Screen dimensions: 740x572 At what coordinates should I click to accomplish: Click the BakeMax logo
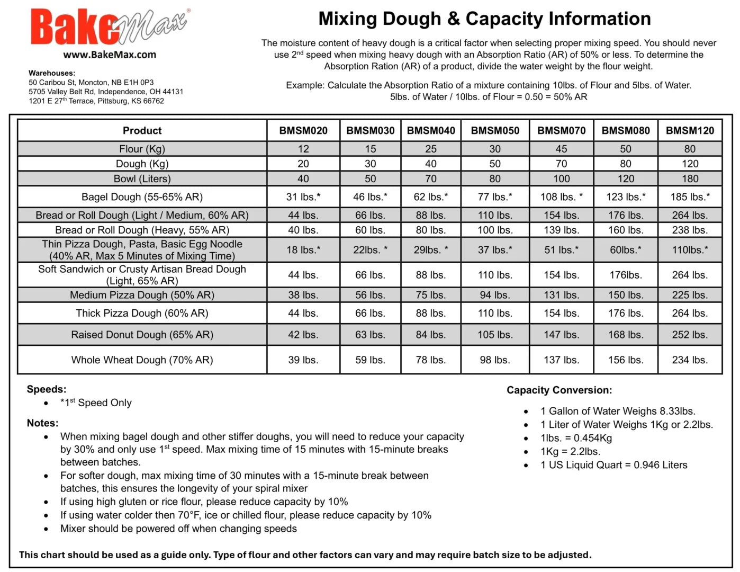coord(110,26)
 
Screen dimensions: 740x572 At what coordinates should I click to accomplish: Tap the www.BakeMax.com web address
coord(110,55)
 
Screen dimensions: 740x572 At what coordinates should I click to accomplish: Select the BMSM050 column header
coord(495,130)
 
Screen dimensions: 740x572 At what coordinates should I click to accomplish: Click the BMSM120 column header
coord(690,130)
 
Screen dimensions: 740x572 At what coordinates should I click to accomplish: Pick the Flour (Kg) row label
coord(142,149)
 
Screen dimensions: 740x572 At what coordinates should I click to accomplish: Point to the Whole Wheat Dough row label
coord(142,360)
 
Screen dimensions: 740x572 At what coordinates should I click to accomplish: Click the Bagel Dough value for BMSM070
coord(561,196)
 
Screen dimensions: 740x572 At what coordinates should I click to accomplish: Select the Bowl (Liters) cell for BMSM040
coord(431,178)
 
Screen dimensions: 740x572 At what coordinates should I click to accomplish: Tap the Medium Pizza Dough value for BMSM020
coord(303,294)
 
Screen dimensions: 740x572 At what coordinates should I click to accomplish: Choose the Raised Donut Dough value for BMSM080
coord(626,335)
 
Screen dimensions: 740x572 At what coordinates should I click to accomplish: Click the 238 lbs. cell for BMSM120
coord(690,230)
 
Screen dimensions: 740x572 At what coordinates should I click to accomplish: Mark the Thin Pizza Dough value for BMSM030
coord(370,249)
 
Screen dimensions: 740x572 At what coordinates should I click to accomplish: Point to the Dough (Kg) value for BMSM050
coord(495,164)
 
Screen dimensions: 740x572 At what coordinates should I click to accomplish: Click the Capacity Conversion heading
coord(559,390)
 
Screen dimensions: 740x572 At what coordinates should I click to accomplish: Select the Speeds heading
coord(47,389)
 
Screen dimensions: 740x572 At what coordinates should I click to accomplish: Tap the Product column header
coord(142,130)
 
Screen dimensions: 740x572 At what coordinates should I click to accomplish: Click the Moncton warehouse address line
coord(91,82)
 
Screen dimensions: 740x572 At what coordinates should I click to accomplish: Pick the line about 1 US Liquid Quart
coord(614,464)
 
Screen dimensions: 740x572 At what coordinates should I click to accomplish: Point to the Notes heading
coord(42,423)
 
